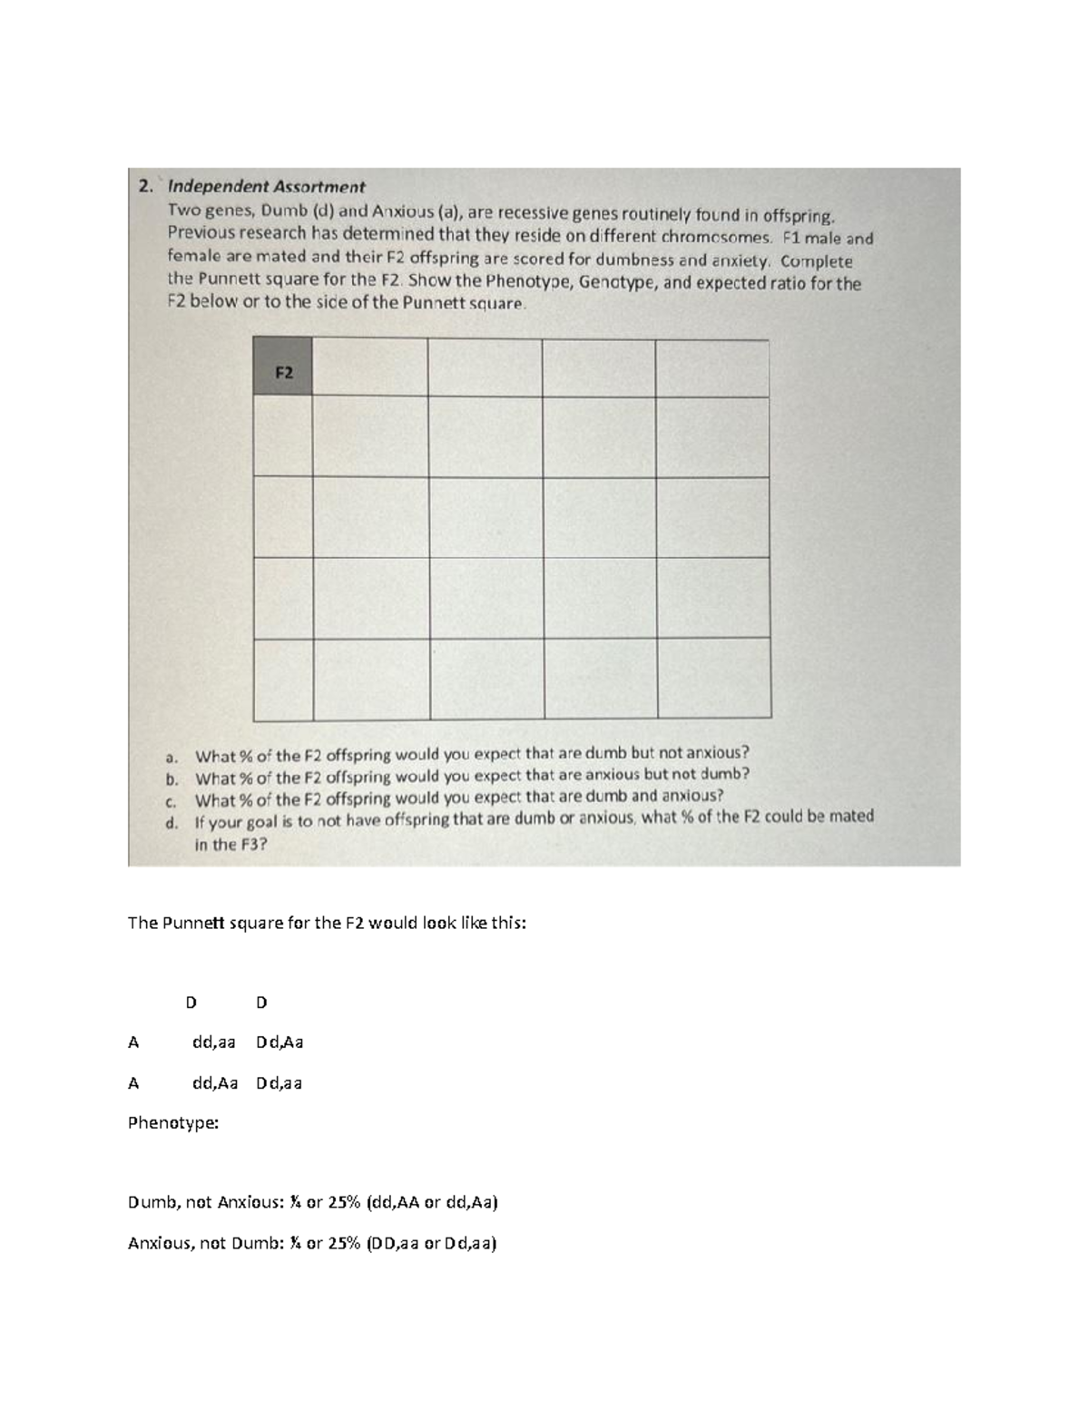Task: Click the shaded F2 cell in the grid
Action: (x=283, y=367)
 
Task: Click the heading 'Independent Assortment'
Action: (x=267, y=187)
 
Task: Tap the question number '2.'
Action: (x=145, y=187)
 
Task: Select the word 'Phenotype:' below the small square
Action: (x=173, y=1122)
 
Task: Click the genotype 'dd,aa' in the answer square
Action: (x=213, y=1042)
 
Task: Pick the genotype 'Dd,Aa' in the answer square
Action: (x=280, y=1042)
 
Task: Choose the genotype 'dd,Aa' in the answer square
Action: (x=214, y=1082)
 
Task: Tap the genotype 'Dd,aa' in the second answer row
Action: (x=279, y=1082)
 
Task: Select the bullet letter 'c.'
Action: (x=172, y=800)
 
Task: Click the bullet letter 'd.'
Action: (x=172, y=822)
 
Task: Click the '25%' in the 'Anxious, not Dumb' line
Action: (x=348, y=1243)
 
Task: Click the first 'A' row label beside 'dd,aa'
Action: (x=133, y=1042)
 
